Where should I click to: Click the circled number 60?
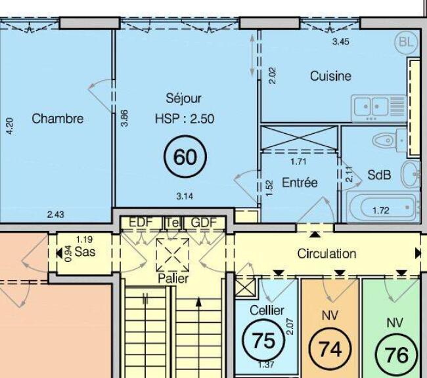(185, 157)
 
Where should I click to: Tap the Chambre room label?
(57, 119)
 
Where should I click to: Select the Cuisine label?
(330, 76)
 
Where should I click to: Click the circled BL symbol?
(406, 42)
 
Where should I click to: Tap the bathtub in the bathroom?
(383, 207)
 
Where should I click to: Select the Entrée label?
(300, 182)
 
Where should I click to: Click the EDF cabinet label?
(140, 222)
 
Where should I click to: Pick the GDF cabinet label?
(204, 222)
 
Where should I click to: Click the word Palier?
(173, 278)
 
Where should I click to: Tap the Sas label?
(85, 252)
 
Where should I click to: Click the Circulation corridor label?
(326, 253)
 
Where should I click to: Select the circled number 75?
(263, 341)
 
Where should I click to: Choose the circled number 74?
(330, 349)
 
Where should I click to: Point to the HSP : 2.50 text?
(185, 119)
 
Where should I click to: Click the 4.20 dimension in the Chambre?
(10, 126)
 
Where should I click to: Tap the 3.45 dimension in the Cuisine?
(341, 41)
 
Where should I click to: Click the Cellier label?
(267, 310)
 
